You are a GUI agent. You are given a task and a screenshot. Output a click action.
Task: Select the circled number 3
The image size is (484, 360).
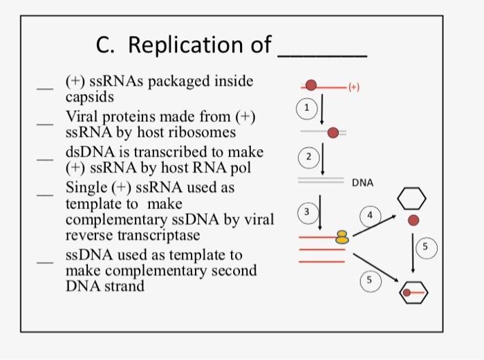tap(309, 211)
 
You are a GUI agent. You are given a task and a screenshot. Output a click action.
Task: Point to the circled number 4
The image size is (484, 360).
tap(370, 215)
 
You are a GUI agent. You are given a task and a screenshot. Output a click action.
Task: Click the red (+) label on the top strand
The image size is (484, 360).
tap(354, 87)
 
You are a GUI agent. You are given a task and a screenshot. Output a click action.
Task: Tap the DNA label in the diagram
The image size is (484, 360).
tap(362, 183)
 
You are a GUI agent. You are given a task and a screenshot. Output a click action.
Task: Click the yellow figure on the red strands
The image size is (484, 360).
tap(342, 237)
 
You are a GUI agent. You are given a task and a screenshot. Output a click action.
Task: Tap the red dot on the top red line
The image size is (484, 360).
tap(312, 85)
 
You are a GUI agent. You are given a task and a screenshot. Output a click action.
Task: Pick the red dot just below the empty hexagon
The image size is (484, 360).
tap(413, 220)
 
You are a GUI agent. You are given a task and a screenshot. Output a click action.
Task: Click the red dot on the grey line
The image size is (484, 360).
tap(333, 131)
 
